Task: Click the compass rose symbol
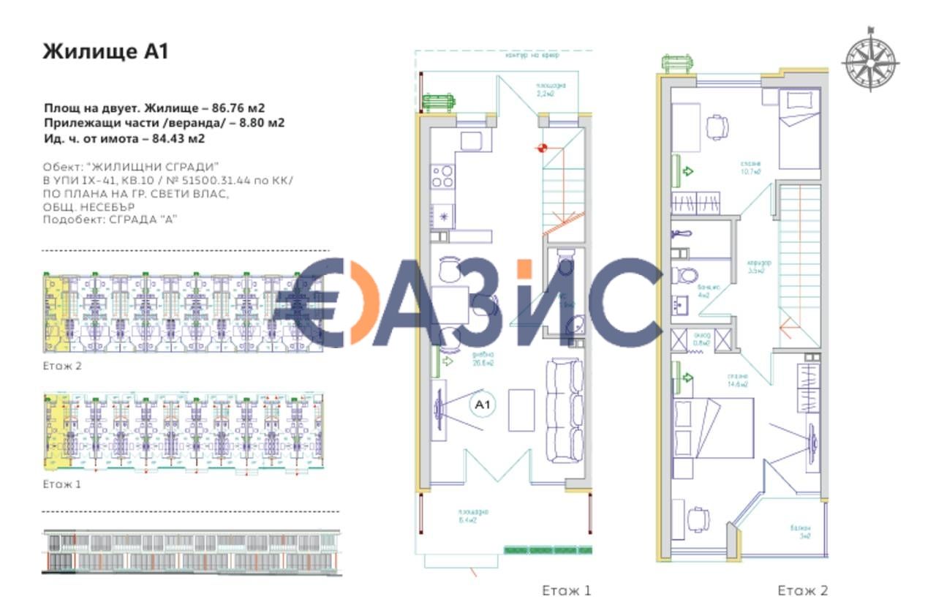870,59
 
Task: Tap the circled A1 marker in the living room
482,404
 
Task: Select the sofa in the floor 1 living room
562,410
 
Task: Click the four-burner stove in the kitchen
443,176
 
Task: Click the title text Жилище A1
106,51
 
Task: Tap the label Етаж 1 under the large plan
566,590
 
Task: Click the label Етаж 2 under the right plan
803,590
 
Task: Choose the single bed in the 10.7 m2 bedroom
799,129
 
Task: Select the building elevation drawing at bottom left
190,552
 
